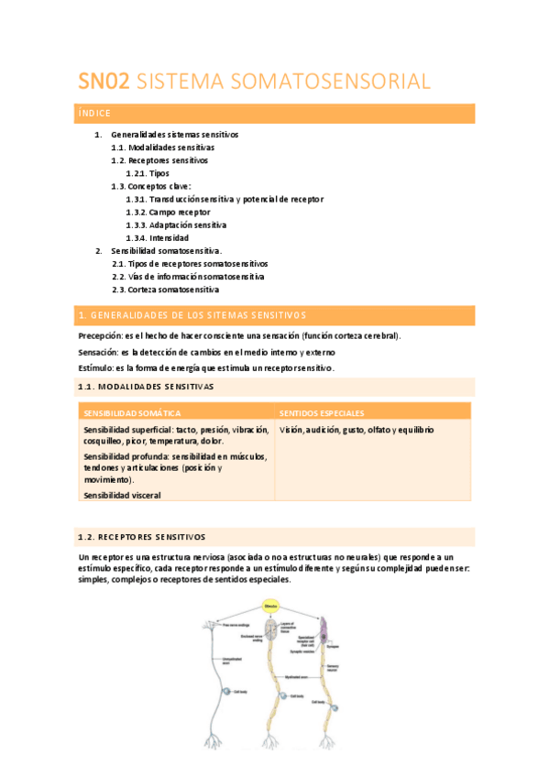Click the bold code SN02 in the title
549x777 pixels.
coord(104,82)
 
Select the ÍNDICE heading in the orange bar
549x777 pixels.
coord(94,114)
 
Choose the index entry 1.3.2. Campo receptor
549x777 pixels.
coord(168,212)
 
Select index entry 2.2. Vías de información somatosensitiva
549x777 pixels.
coord(188,276)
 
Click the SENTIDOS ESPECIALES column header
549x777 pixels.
coord(322,413)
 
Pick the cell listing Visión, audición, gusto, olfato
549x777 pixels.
coord(357,430)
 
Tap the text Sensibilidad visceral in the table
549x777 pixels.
coord(122,495)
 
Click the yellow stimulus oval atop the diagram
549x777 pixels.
coord(270,606)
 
